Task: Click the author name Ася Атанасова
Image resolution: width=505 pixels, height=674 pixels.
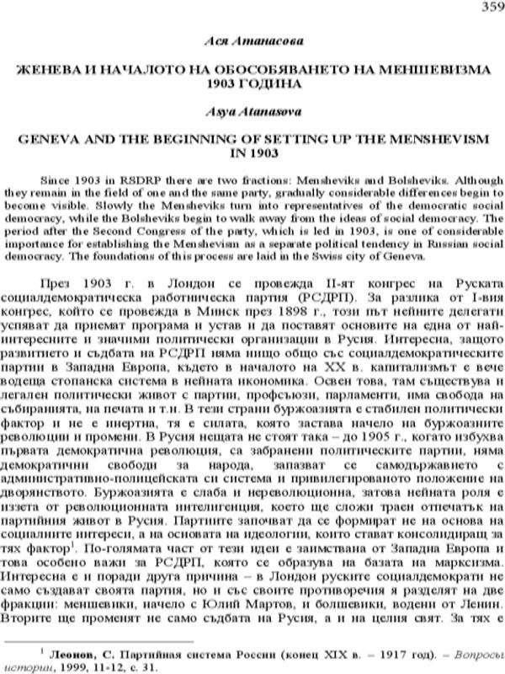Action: coord(252,41)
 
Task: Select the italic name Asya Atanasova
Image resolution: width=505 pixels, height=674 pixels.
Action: coord(252,111)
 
